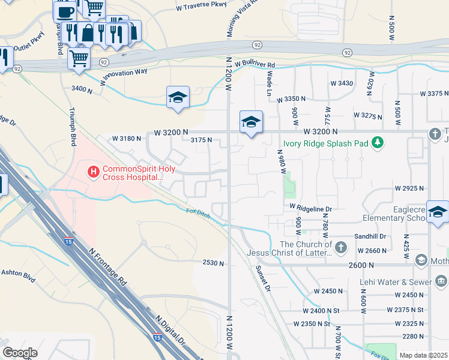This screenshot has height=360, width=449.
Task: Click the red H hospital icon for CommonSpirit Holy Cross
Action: click(x=93, y=172)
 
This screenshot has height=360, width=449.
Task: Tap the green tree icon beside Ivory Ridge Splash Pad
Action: click(x=378, y=143)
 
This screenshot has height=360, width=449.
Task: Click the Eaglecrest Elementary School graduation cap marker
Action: click(x=437, y=212)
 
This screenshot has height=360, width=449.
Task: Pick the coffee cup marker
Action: click(x=64, y=11)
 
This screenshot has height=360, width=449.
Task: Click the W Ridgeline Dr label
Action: click(x=310, y=206)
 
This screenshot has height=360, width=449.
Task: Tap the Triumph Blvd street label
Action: click(x=73, y=127)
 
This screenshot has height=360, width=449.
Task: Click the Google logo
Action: click(x=19, y=353)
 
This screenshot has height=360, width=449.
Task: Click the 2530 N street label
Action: click(x=213, y=262)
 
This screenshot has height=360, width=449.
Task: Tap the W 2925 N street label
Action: click(x=409, y=188)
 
